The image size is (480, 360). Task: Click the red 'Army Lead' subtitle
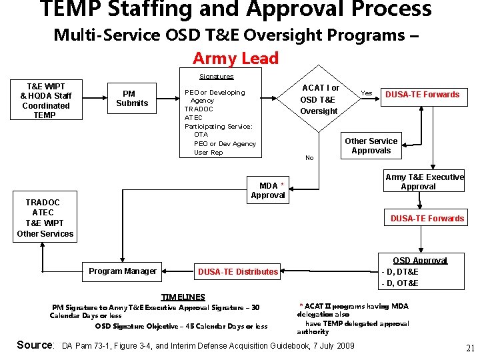[235, 59]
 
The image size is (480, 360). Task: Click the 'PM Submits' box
[132, 98]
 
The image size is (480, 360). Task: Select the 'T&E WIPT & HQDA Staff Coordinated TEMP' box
[45, 101]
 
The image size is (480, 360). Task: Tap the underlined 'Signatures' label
[217, 77]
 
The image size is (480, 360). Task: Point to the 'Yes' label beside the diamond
[366, 93]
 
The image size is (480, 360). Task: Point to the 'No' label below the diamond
[309, 158]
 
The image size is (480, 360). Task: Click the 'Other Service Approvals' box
[371, 145]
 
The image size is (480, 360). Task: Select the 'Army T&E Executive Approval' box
[424, 181]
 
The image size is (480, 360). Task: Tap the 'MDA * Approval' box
[268, 190]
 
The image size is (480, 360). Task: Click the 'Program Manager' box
[123, 271]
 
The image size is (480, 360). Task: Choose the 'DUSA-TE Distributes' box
[237, 271]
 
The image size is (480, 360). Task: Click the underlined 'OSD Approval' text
[419, 261]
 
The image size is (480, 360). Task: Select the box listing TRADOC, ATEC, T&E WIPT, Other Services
[45, 218]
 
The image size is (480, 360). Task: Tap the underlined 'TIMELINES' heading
[183, 297]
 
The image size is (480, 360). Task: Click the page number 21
[470, 348]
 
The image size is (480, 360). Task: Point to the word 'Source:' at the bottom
[35, 345]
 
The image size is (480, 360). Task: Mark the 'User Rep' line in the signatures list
[208, 153]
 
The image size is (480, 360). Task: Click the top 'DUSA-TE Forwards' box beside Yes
[422, 95]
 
